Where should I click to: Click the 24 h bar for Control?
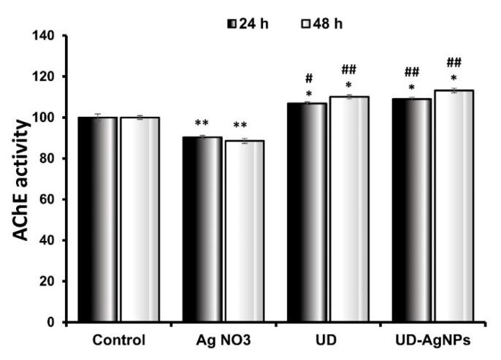(98, 219)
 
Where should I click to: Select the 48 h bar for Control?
(139, 219)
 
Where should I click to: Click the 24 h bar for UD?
(307, 212)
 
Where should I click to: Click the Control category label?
(119, 340)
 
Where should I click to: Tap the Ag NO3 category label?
(223, 340)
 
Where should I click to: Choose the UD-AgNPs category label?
(432, 340)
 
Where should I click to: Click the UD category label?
(327, 340)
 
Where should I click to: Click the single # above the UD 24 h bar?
(310, 78)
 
